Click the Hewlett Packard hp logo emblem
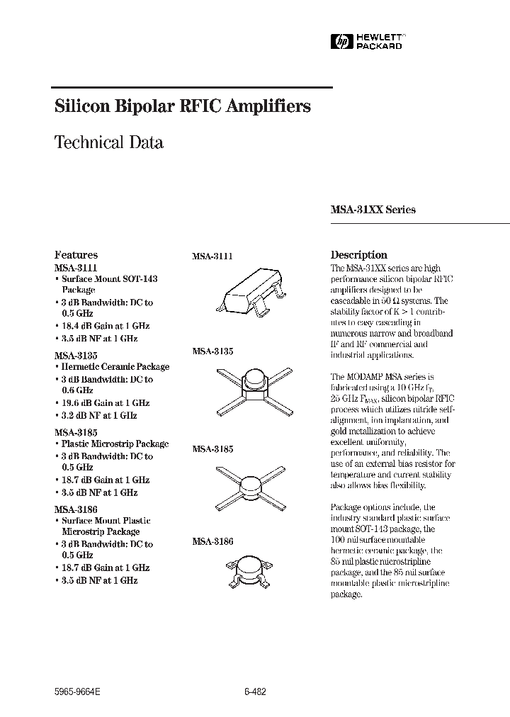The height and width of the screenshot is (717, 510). coord(341,43)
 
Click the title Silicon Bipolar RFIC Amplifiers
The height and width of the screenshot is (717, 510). coord(183,106)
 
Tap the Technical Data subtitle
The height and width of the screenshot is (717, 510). coord(109,142)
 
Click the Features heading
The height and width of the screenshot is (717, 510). coord(76,255)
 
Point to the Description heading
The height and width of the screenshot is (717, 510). coord(358,255)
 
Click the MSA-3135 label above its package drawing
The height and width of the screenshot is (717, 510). coord(212,351)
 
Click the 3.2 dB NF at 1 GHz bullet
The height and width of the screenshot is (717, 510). coord(99,416)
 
